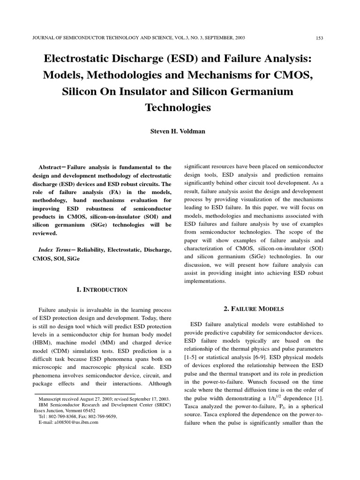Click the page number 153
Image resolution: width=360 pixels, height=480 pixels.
(318, 37)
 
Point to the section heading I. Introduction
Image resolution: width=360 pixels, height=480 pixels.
(102, 290)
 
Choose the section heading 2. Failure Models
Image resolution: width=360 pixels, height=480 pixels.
(253, 308)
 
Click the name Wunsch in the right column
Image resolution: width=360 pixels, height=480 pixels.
(255, 382)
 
